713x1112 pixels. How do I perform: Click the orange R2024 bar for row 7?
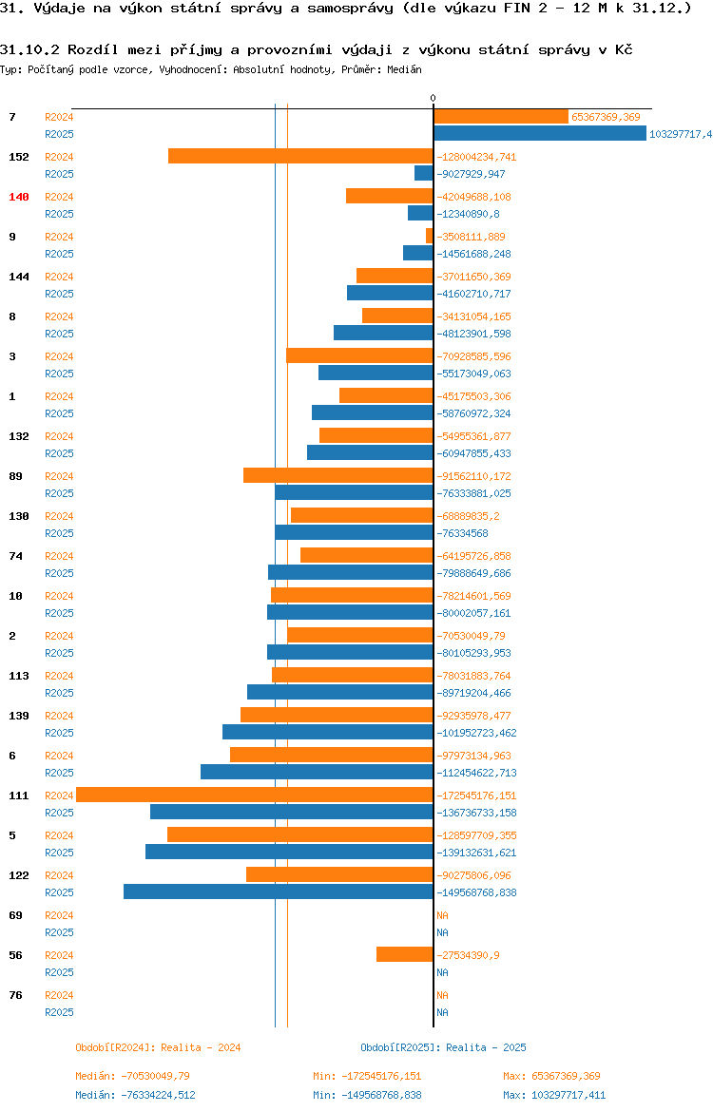pos(501,117)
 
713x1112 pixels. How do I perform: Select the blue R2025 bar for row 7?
pos(540,134)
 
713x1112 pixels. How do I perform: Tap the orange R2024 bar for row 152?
pos(300,156)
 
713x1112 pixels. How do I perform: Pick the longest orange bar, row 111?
pos(255,795)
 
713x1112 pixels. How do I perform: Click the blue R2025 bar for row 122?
pos(279,892)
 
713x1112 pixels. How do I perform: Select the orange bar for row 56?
pos(405,954)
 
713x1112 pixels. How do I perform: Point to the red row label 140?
pos(19,197)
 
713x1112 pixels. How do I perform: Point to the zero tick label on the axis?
pos(434,99)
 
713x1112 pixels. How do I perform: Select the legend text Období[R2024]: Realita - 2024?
pos(158,1047)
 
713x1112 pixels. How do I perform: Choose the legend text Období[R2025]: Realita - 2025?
pos(443,1047)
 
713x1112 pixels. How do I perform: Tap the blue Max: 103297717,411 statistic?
pos(554,1095)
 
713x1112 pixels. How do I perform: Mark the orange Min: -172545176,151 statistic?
pos(367,1076)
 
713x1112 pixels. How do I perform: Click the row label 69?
pos(15,915)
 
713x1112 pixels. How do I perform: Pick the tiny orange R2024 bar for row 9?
pos(430,236)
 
